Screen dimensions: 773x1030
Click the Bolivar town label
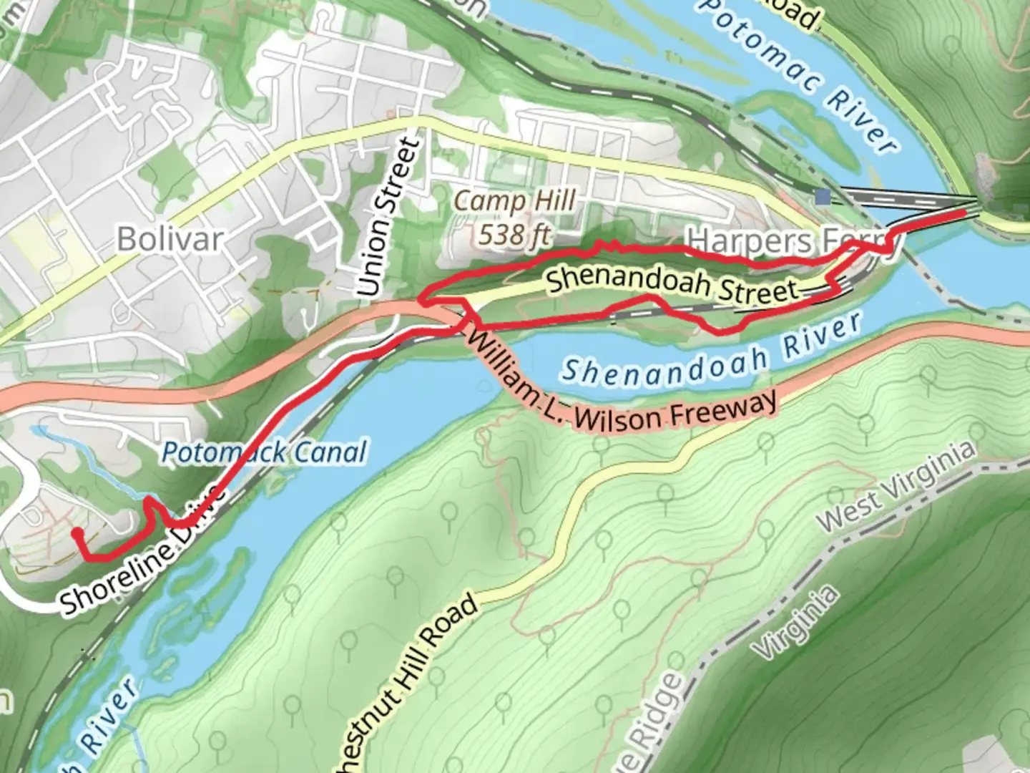[170, 238]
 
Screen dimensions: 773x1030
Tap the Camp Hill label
[515, 201]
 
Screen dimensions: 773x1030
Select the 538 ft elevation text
[515, 233]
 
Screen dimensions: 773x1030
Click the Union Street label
[388, 218]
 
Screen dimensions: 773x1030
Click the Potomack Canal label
[264, 452]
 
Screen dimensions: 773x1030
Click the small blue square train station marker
[823, 196]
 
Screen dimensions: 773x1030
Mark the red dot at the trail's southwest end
[76, 533]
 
